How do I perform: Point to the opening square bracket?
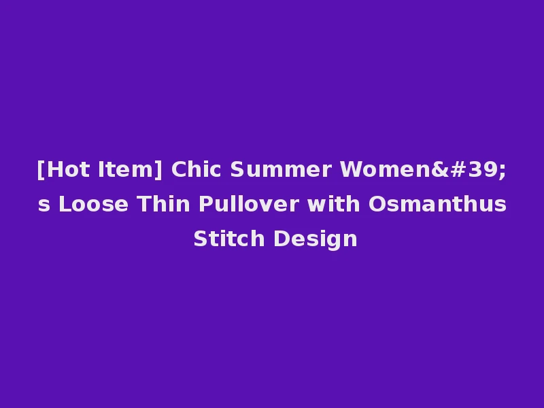tap(41, 170)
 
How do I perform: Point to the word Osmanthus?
tap(418, 204)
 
